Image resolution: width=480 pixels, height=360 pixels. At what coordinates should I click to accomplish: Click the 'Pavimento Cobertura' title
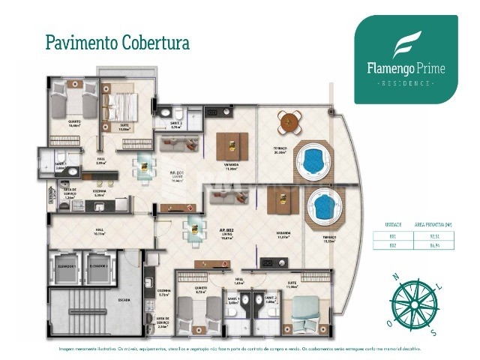117,40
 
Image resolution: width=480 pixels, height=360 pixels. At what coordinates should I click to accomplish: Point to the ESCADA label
123,299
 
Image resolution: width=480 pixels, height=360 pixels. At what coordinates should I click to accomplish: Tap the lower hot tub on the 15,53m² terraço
322,205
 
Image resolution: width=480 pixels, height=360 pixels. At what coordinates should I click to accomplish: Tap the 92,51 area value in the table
436,236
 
